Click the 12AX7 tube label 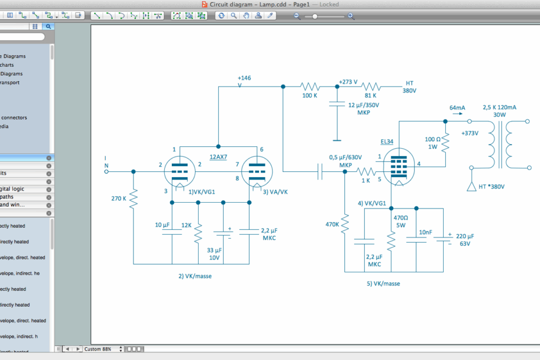pos(218,157)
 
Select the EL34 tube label pos(387,141)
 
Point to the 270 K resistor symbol pos(134,199)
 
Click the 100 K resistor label pos(309,95)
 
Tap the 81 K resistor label pos(370,95)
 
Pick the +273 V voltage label pos(348,82)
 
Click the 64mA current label pos(457,108)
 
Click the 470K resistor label pos(332,224)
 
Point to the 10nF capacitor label pos(426,232)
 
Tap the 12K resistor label pos(186,225)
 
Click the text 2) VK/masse pos(195,276)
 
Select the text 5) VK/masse pos(383,284)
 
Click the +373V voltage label pos(469,133)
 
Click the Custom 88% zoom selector pos(103,349)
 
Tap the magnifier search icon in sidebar pos(49,26)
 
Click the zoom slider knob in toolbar pos(315,16)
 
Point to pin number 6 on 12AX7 pos(262,149)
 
